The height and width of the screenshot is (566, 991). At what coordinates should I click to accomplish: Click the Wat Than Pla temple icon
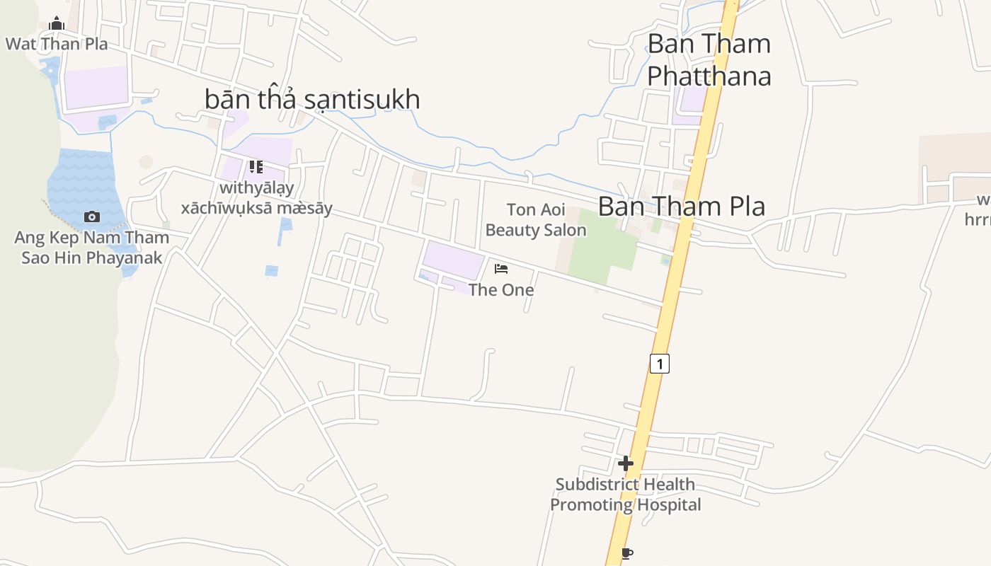tap(57, 24)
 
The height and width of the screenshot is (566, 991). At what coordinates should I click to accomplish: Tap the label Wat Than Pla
tap(57, 44)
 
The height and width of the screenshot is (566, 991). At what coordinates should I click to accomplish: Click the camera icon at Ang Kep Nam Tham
tap(91, 216)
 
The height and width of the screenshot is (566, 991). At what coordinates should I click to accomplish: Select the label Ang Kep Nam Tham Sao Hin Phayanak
tap(91, 248)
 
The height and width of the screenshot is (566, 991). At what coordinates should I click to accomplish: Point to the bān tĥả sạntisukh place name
tap(312, 100)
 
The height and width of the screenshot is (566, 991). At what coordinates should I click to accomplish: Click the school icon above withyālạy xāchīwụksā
tap(256, 167)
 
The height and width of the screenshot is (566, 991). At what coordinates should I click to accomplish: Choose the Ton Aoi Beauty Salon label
tap(536, 220)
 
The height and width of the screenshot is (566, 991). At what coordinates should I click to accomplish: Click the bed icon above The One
tap(501, 268)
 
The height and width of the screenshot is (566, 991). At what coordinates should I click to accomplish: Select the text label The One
tap(501, 289)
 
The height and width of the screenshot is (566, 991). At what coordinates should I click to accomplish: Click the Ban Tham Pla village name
tap(682, 207)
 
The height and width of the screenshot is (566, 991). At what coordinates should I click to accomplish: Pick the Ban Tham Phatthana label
tap(709, 59)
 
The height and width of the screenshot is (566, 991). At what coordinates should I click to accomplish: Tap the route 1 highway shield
tap(659, 364)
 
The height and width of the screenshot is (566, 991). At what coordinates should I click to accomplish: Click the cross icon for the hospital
tap(626, 463)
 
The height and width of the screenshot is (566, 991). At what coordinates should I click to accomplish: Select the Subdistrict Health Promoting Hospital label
tap(626, 495)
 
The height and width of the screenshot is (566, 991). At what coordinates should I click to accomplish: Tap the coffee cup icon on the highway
tap(626, 553)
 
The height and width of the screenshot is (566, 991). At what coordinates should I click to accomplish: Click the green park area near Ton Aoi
tap(602, 248)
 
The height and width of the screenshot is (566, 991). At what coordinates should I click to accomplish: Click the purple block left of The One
tap(453, 260)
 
